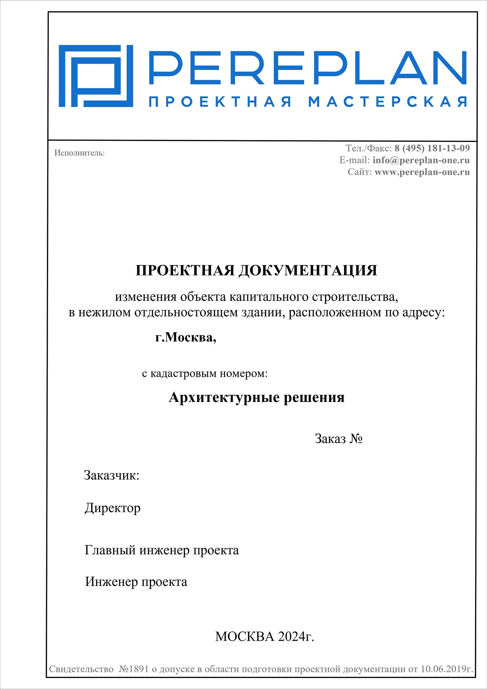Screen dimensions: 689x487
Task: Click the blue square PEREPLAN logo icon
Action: coord(96,76)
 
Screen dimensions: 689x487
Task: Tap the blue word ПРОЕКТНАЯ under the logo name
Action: coord(220,102)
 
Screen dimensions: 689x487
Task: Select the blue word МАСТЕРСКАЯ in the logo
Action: coord(387,102)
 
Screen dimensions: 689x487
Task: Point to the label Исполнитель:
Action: coord(79,153)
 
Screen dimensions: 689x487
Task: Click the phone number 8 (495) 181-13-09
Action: coord(432,148)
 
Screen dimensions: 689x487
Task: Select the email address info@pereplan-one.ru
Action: coord(421,160)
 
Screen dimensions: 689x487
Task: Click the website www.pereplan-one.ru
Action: coord(422,172)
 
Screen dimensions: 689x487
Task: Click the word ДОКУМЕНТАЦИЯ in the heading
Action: coord(308,270)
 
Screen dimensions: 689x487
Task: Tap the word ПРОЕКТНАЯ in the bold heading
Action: coord(185,270)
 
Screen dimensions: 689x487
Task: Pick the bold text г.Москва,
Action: coord(186,337)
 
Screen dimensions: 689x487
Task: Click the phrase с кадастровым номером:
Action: coord(205,373)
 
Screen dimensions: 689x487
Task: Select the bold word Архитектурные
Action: coord(224,397)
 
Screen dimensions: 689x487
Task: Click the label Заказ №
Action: coord(338,439)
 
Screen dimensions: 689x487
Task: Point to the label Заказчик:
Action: coord(111,475)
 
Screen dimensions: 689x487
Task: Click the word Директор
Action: coord(112,508)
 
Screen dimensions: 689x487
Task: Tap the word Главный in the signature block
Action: coord(110,550)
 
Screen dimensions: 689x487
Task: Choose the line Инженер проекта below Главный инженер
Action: coord(136,582)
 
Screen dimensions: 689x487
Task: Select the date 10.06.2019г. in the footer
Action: coord(447,669)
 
